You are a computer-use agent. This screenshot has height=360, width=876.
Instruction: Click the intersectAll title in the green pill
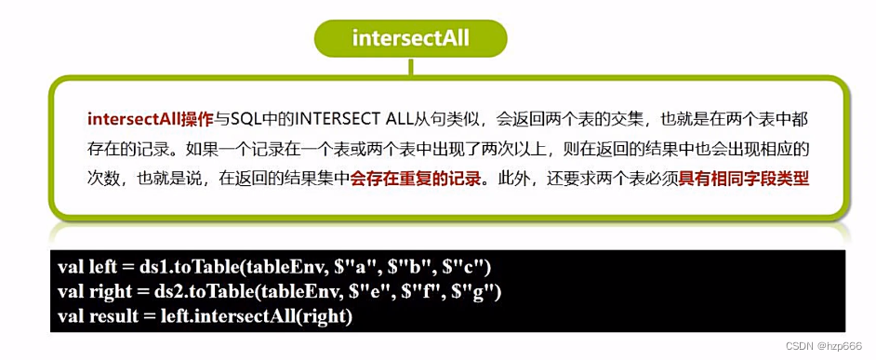pos(410,38)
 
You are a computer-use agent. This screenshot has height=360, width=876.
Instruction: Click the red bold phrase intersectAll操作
pos(151,119)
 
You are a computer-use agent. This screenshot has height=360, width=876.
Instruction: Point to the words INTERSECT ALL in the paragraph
pos(354,119)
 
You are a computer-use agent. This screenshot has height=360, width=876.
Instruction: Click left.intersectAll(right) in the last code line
pos(248,316)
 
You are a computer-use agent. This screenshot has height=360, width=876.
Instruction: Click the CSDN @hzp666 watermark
pos(824,347)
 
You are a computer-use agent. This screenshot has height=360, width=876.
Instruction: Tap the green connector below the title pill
pos(411,67)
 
